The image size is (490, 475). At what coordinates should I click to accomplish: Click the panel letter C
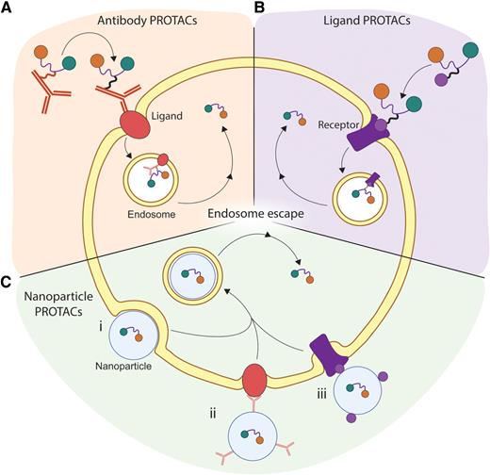click(8, 279)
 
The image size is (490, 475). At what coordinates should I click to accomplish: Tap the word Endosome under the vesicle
click(149, 214)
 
